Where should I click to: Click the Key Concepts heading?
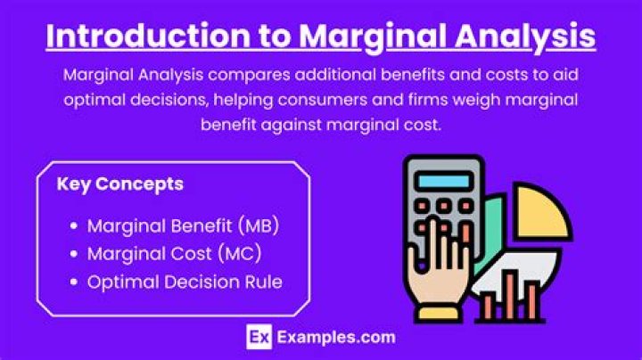point(119,184)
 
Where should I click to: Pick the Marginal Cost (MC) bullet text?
point(174,254)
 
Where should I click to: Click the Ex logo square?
point(257,338)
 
